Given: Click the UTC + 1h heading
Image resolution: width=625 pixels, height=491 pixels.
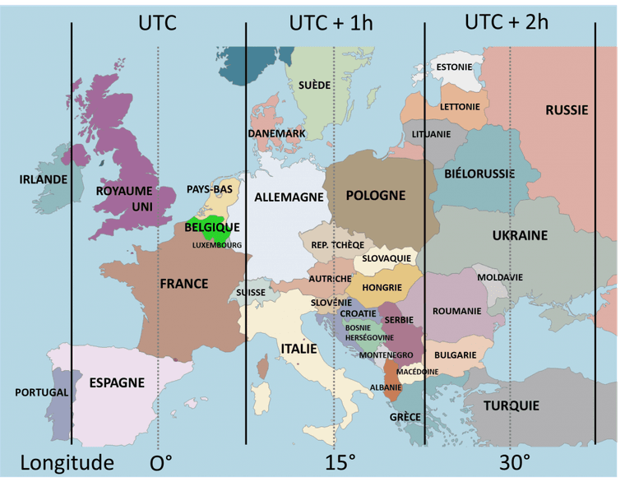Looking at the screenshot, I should click(x=331, y=22).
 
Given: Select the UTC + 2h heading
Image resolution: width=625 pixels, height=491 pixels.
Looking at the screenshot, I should click(x=506, y=21).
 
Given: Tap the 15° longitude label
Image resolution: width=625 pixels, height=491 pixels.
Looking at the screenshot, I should click(x=340, y=462).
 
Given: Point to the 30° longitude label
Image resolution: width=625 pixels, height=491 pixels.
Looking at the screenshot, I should click(x=514, y=462).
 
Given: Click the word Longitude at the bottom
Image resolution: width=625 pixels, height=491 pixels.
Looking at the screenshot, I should click(x=67, y=462).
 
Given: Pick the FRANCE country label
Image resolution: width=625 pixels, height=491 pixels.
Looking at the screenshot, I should click(x=183, y=284).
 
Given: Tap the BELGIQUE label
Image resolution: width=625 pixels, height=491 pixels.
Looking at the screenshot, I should click(x=212, y=227).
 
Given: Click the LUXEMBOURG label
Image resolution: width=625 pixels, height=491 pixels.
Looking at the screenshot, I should click(x=217, y=245).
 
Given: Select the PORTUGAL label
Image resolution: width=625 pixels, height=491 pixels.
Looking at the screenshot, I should click(x=41, y=392).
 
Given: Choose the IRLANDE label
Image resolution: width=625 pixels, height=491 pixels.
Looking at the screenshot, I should click(x=44, y=178).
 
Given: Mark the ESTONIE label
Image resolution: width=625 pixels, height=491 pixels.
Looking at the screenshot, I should click(x=454, y=67).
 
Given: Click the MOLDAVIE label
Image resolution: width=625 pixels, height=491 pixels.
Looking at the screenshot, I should click(x=499, y=277).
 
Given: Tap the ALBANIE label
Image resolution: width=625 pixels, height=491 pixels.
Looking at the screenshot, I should click(x=386, y=387).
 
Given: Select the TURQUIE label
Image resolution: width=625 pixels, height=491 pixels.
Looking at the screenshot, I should click(x=511, y=405).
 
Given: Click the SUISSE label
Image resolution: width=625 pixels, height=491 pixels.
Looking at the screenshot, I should click(x=250, y=292).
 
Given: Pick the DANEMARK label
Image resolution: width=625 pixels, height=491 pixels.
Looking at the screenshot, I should click(x=276, y=133).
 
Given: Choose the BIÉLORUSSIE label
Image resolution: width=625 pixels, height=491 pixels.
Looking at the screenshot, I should click(x=479, y=174).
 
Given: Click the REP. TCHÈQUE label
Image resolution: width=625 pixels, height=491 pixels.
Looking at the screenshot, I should click(x=337, y=245).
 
